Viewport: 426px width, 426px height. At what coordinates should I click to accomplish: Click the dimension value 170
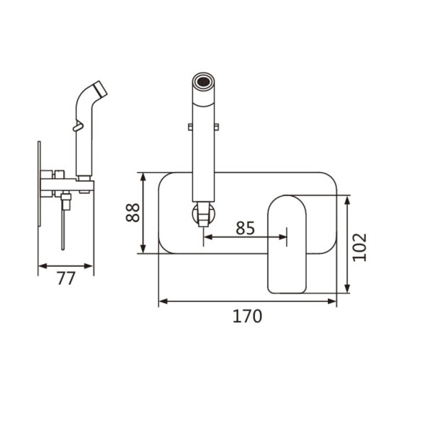(247, 315)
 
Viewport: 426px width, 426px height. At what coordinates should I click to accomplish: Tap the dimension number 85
(244, 228)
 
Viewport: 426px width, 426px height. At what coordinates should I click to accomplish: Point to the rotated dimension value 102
(360, 246)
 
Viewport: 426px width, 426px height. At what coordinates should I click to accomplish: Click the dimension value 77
(65, 278)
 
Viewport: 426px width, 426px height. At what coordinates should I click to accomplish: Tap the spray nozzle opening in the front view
(204, 80)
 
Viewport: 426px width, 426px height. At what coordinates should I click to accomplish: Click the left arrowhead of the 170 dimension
(163, 301)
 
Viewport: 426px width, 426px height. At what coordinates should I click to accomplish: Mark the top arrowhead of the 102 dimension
(347, 200)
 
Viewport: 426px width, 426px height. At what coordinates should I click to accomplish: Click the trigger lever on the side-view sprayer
(77, 128)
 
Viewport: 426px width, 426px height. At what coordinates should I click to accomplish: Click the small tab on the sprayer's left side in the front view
(190, 127)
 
